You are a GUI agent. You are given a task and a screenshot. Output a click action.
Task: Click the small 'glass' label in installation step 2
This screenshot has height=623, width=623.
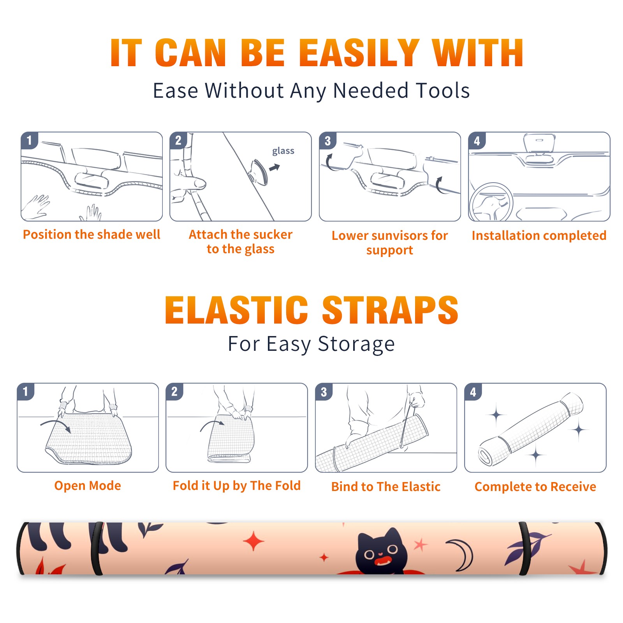coord(283,151)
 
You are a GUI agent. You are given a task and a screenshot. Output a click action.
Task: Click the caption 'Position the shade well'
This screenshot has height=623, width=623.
coord(92,234)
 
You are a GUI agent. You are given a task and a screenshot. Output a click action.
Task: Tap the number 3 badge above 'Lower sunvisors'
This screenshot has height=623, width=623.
coord(327,141)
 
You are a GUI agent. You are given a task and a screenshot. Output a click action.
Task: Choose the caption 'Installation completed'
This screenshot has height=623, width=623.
coord(539,236)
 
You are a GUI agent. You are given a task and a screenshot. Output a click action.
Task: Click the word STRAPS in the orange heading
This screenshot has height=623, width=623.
coord(390,310)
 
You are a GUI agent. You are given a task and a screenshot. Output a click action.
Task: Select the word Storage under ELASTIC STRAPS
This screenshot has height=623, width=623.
coord(356,344)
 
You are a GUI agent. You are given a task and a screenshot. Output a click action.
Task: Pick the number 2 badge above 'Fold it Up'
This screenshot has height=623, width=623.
coord(174,391)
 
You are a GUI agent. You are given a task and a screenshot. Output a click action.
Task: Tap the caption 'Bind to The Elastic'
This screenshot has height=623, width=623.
coord(386,487)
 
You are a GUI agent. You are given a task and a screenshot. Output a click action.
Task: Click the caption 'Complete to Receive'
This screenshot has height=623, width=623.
coord(535,487)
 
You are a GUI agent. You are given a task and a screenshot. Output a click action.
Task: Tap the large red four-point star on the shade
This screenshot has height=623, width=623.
coord(253,541)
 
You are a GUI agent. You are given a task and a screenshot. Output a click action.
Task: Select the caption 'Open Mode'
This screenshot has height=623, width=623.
coord(88,486)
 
